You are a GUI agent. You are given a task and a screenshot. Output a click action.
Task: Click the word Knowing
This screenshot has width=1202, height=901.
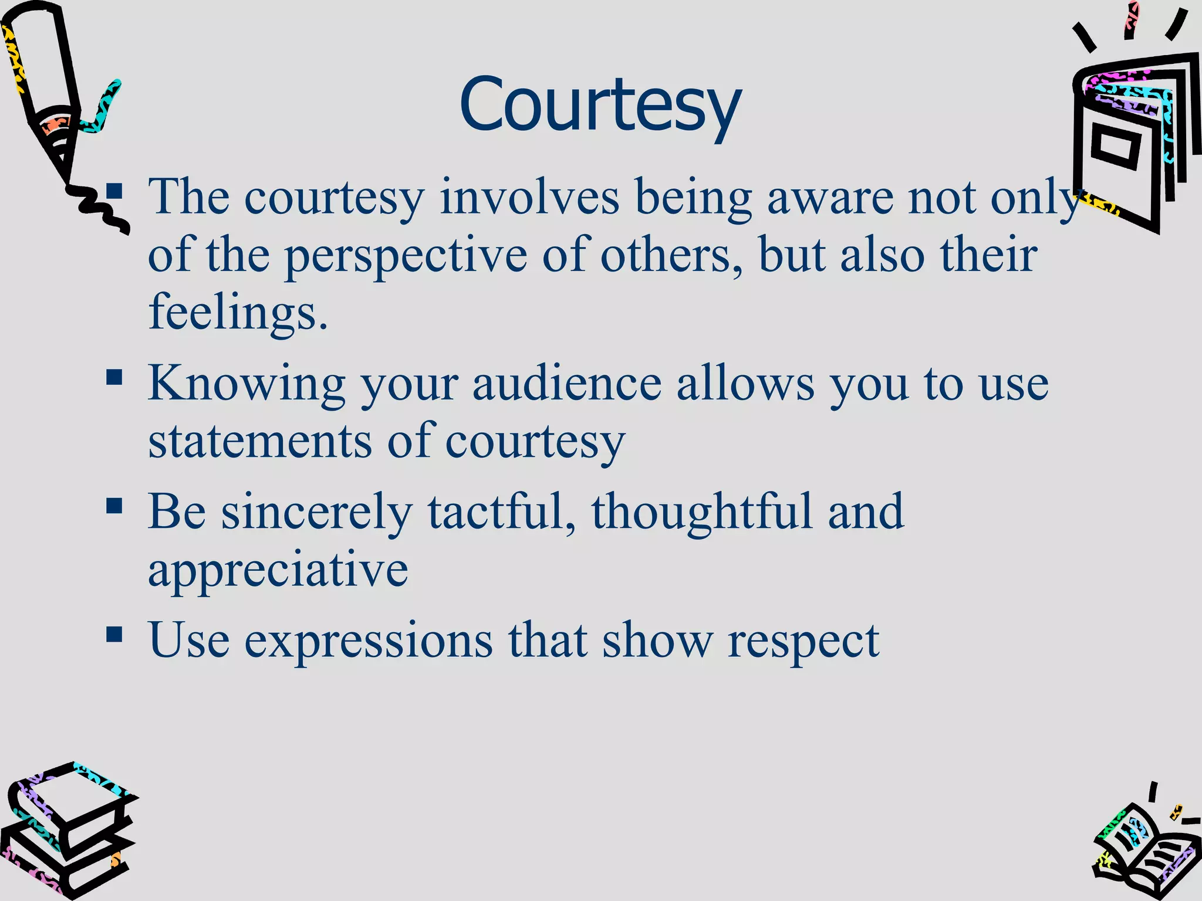(247, 384)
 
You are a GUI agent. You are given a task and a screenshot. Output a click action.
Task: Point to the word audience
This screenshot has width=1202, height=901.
(567, 384)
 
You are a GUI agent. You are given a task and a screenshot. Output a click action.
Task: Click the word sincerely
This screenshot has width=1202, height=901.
(316, 512)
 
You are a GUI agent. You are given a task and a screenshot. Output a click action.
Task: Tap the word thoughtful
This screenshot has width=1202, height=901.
(701, 512)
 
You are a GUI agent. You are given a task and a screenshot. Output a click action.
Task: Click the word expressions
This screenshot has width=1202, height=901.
(368, 641)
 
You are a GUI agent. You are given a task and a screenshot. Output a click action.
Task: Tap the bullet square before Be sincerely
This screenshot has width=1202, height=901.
(114, 506)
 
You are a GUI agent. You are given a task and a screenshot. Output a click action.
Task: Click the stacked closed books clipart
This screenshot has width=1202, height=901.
(67, 833)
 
